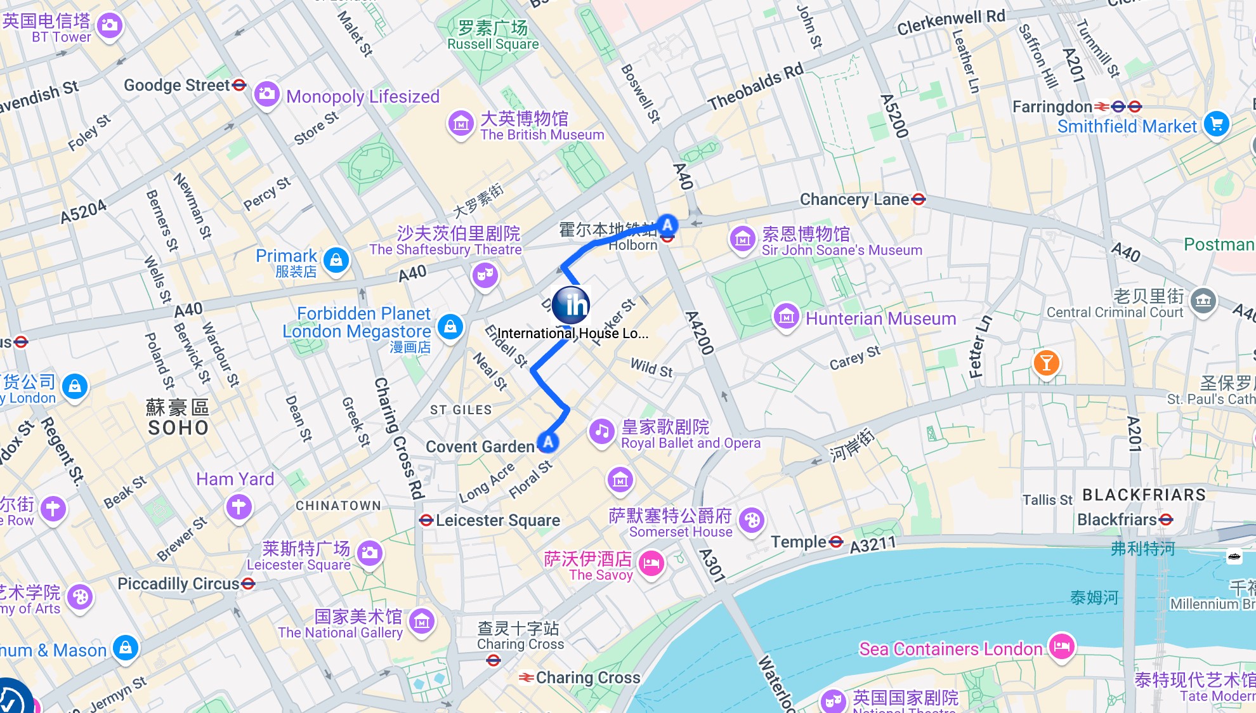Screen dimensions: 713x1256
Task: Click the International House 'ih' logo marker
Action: [x=571, y=305]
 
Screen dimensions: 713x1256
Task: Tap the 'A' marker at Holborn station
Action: [x=667, y=225]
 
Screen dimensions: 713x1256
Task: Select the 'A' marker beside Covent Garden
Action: [x=548, y=442]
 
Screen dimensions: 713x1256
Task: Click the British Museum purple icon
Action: [x=461, y=124]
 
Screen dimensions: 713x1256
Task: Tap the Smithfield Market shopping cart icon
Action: [x=1216, y=124]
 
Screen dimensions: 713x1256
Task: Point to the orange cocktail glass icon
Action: [x=1047, y=363]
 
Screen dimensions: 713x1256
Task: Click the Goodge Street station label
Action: [x=176, y=85]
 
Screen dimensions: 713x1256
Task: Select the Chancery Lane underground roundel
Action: [x=918, y=199]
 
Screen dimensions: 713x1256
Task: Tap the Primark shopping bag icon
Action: [x=336, y=260]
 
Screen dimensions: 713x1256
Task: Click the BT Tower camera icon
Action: [x=109, y=25]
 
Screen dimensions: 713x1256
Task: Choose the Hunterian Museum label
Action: [x=880, y=318]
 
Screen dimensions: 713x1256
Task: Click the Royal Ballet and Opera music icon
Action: [x=602, y=432]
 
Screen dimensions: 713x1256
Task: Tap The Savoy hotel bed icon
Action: [x=651, y=563]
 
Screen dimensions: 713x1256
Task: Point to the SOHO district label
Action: [x=178, y=428]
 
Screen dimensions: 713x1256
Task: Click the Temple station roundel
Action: [x=836, y=542]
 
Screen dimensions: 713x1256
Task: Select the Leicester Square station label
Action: [x=497, y=521]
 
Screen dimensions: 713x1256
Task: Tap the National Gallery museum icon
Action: [x=422, y=622]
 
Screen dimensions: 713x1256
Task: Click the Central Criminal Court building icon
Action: [x=1203, y=300]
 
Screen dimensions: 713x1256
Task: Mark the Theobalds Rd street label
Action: [x=755, y=88]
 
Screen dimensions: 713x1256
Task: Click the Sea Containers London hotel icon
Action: [x=1061, y=646]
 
